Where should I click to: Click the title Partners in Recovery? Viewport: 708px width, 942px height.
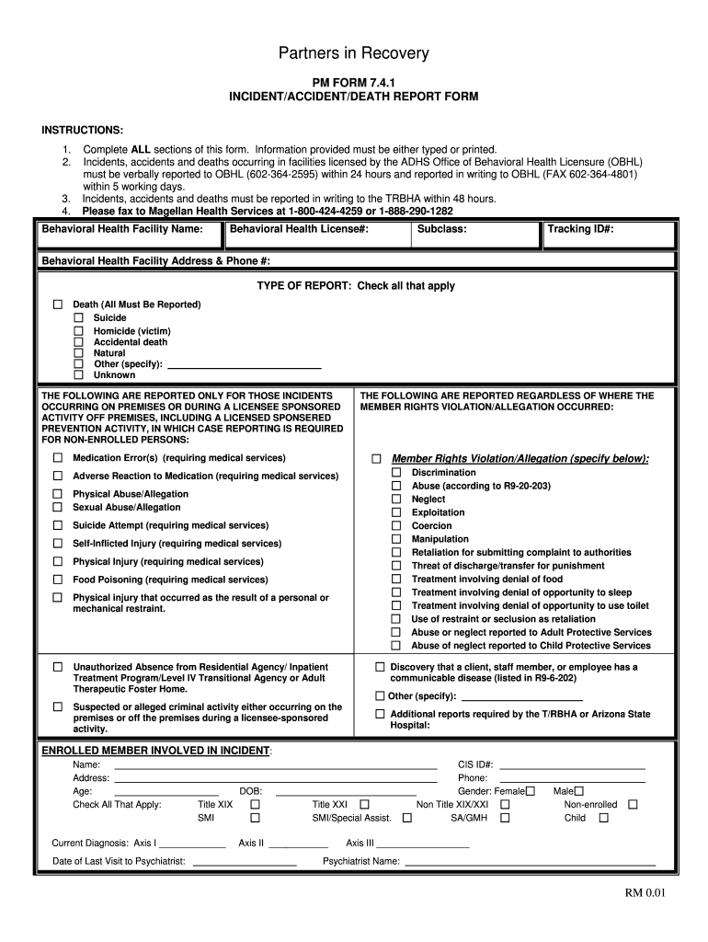pos(354,53)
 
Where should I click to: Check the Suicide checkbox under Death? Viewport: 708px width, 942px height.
pos(78,318)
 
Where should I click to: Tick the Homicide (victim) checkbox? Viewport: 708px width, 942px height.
pos(78,330)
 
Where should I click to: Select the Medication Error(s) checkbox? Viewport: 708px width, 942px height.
pos(57,458)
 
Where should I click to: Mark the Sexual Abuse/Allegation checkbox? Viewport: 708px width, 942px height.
pos(57,507)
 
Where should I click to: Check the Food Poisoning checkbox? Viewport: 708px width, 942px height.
pos(57,580)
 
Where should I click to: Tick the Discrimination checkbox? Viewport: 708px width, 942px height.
pos(396,473)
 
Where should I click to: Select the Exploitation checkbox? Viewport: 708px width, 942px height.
pos(396,512)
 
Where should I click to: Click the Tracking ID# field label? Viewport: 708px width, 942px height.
pos(580,229)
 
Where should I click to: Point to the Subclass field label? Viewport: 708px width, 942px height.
pos(441,229)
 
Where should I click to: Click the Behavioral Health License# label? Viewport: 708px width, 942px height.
pos(299,229)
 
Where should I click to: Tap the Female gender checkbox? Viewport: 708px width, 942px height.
pos(530,790)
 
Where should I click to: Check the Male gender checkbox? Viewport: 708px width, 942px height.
pos(579,790)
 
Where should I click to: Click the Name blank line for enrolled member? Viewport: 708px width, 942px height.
pos(275,766)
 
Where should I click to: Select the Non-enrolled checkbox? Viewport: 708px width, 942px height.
pos(632,804)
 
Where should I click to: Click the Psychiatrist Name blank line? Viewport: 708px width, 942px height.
pos(531,863)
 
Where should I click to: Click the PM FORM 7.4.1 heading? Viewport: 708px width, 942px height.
pos(354,83)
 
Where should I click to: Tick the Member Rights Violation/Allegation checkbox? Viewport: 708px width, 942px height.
pos(376,459)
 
